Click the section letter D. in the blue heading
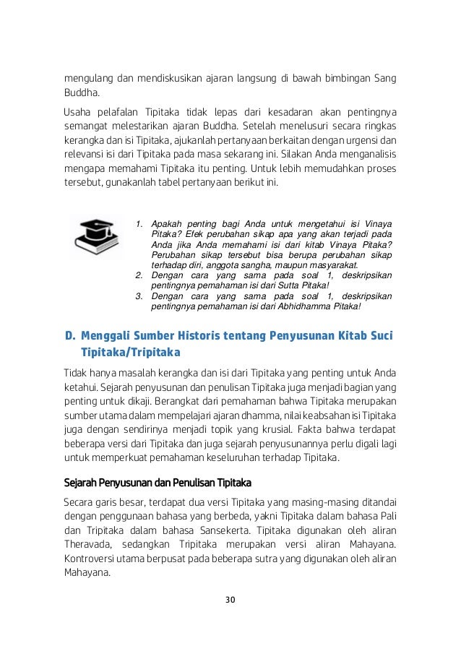[x=70, y=336]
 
